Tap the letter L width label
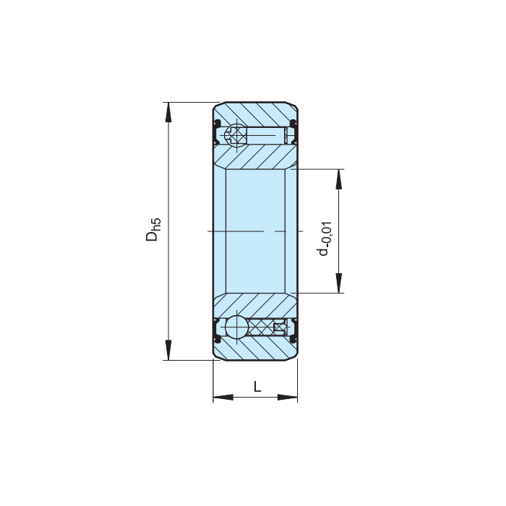click(x=257, y=387)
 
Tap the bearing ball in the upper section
click(x=235, y=134)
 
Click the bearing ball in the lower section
click(x=235, y=327)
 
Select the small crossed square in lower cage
click(x=278, y=327)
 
